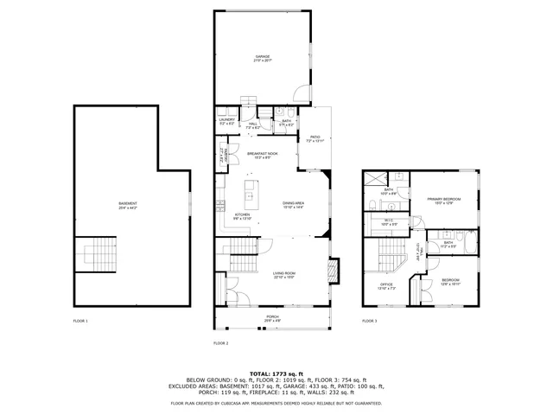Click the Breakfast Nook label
(262, 155)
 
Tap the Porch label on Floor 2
(272, 318)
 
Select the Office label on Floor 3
(387, 286)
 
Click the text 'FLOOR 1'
(80, 321)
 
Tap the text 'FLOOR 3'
(369, 321)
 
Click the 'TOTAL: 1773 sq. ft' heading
(276, 372)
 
